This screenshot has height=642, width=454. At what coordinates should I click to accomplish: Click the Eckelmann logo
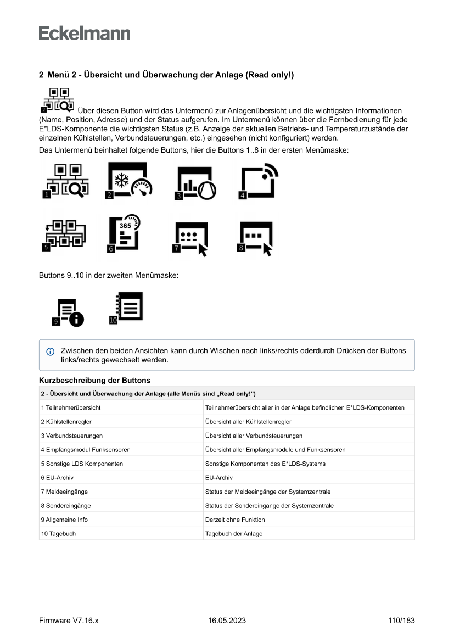(85, 34)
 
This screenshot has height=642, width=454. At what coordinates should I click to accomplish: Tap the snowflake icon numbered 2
(129, 181)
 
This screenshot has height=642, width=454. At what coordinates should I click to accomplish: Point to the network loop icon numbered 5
(63, 235)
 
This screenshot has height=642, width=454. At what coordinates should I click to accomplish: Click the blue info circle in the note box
(51, 351)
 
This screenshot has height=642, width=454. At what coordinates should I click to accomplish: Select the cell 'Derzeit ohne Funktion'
(235, 520)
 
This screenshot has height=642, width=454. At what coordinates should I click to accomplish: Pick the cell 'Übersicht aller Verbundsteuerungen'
(254, 436)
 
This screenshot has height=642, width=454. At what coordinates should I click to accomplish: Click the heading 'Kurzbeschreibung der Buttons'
(95, 380)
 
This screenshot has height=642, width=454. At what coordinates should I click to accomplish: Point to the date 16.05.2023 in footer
(227, 621)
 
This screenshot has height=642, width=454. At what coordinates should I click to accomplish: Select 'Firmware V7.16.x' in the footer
(69, 621)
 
